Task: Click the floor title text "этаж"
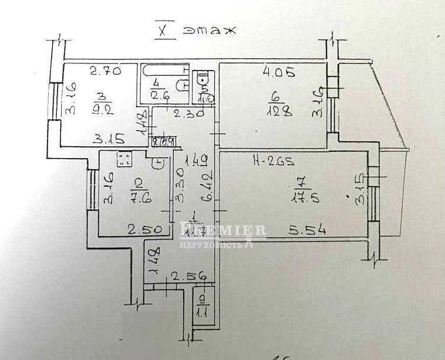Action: coord(209,31)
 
